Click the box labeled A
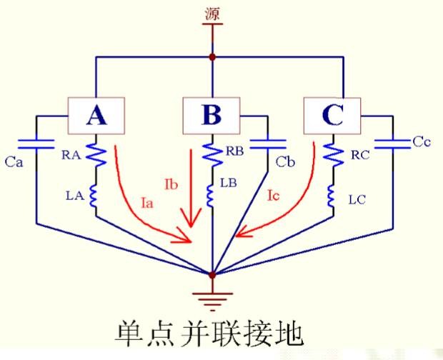(96, 114)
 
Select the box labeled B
(211, 114)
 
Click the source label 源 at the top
(212, 14)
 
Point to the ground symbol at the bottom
(212, 292)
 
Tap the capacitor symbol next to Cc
(391, 143)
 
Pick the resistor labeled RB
(211, 154)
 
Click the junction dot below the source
(211, 56)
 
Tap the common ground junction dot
(212, 274)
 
